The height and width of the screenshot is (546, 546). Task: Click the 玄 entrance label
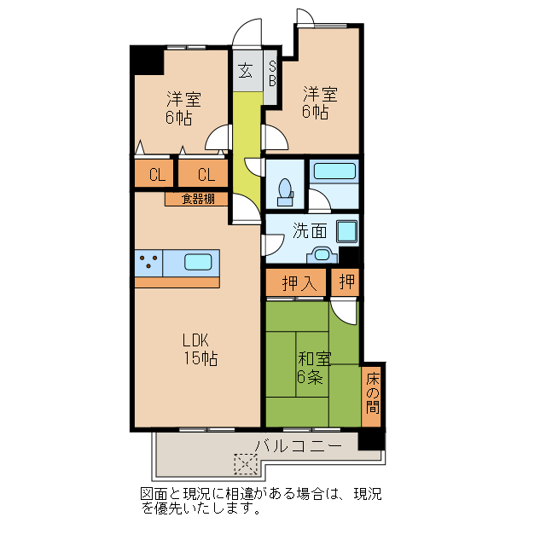(246, 71)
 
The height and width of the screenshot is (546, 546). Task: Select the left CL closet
(156, 176)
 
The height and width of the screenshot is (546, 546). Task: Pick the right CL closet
(205, 176)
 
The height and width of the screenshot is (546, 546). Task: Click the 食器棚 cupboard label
(196, 200)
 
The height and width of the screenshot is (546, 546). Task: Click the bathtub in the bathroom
(334, 170)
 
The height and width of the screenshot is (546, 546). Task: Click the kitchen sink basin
(198, 262)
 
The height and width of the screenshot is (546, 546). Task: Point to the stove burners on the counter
(148, 263)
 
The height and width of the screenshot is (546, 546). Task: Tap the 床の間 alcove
(372, 394)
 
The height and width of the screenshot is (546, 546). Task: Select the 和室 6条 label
(313, 368)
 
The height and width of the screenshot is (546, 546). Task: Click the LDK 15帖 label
(198, 348)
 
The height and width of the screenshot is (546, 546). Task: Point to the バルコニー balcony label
(299, 445)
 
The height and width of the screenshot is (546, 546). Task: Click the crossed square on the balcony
(246, 464)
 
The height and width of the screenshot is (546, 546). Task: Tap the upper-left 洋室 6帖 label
(182, 107)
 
